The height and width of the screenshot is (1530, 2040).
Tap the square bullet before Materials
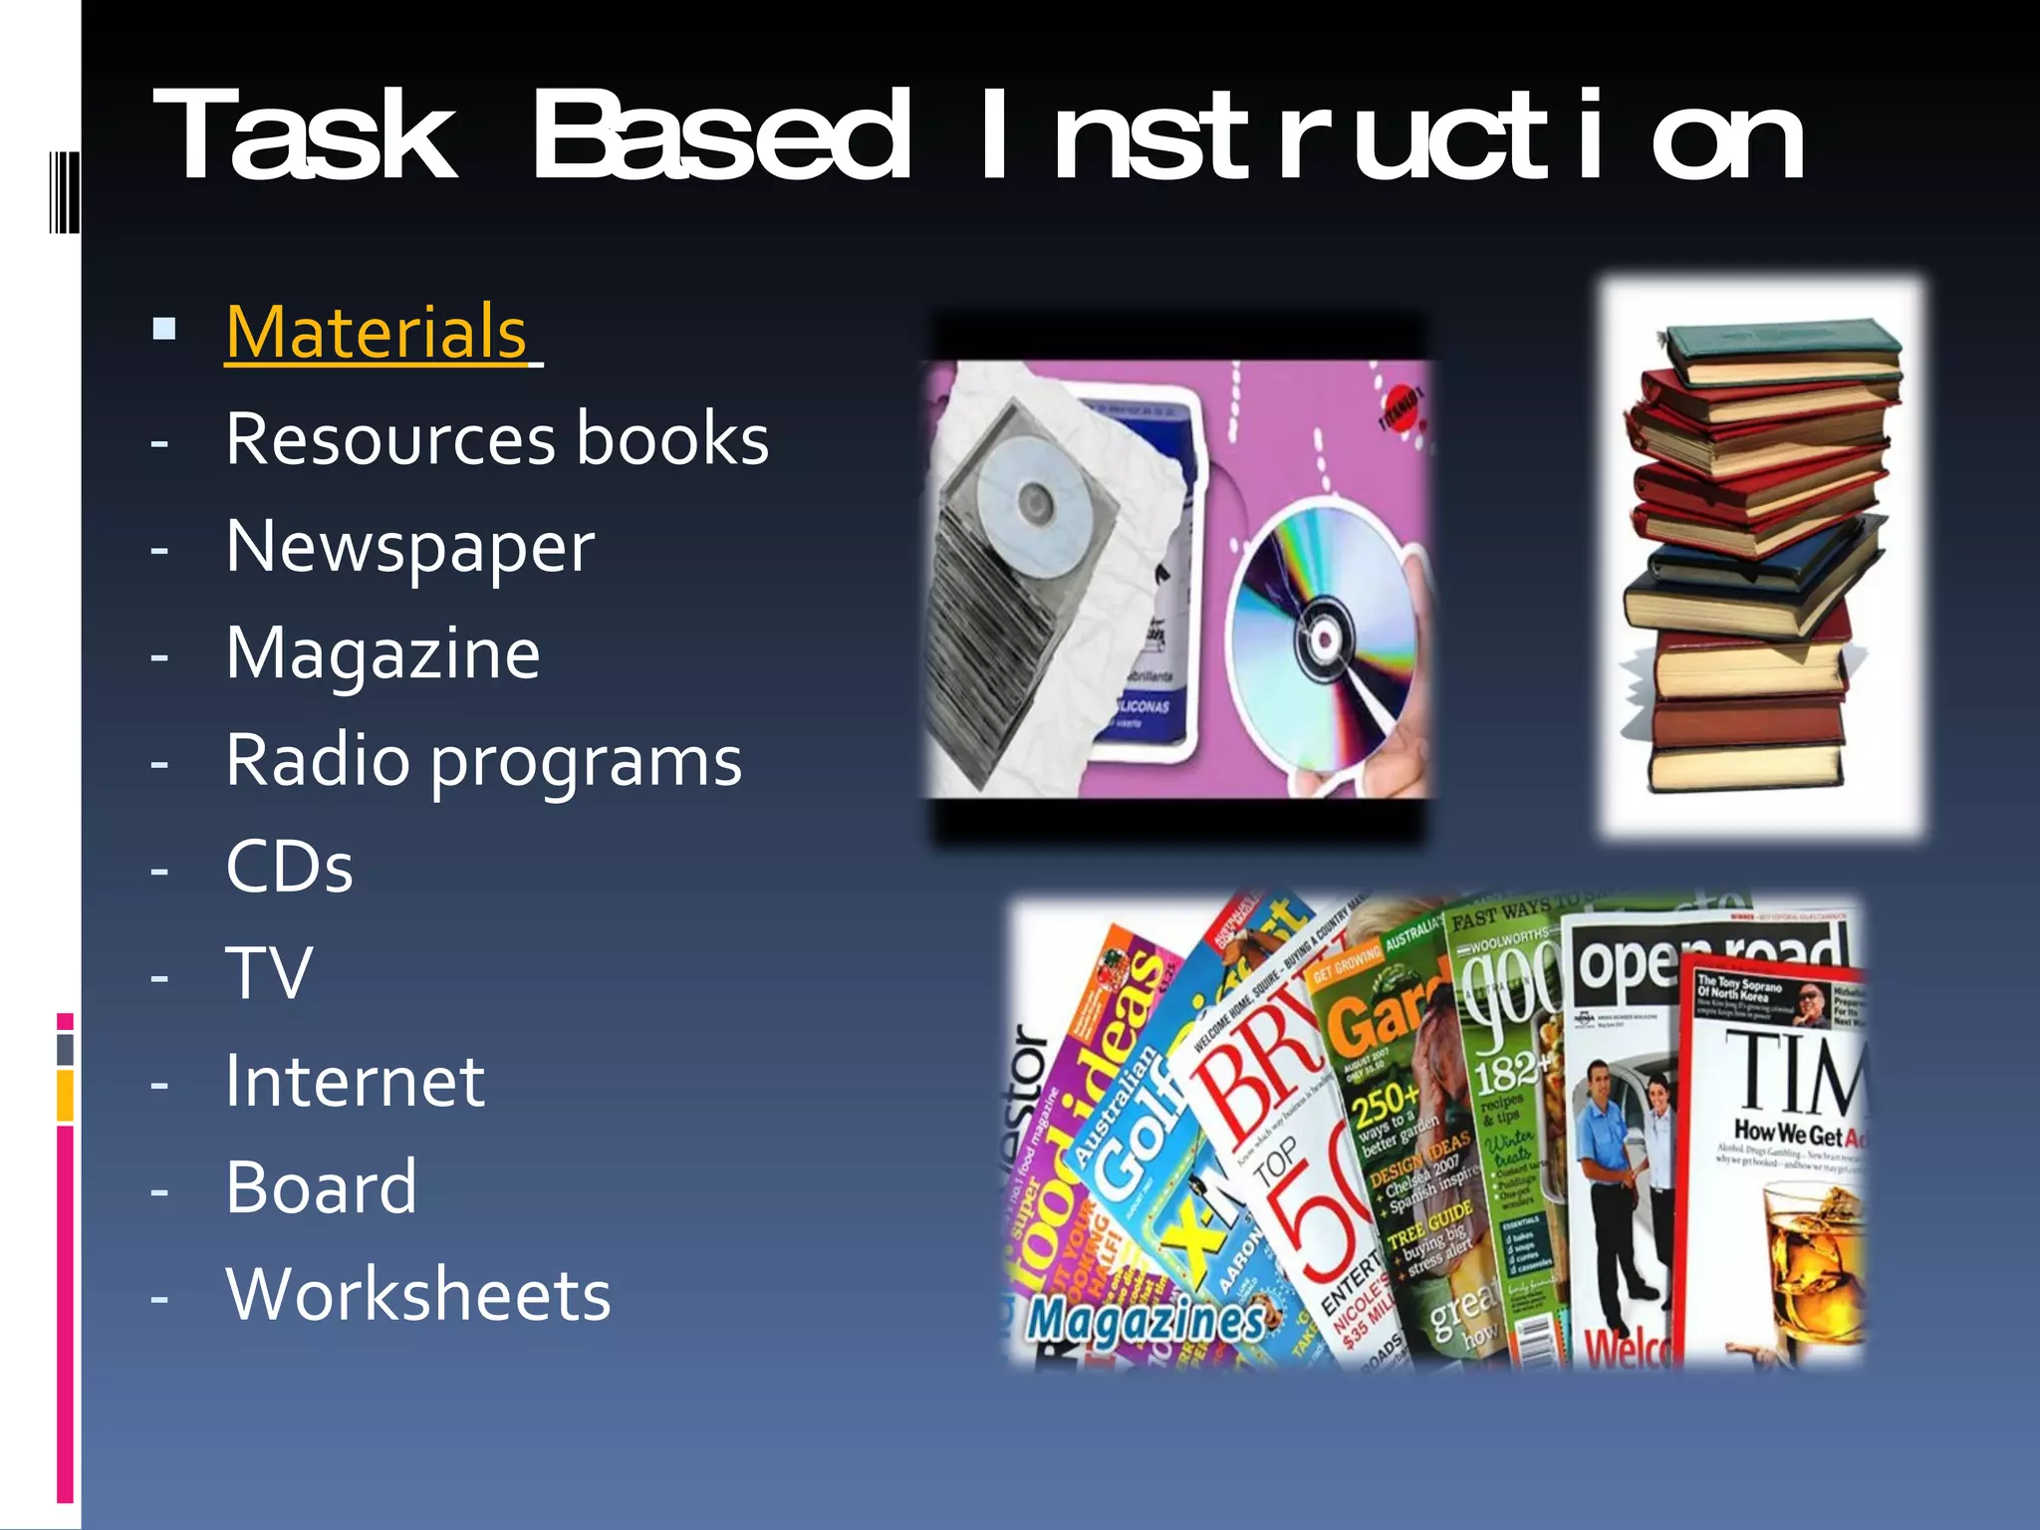tap(165, 329)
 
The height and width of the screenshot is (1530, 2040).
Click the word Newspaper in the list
tap(409, 548)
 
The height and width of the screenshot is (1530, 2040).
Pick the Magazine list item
tap(382, 654)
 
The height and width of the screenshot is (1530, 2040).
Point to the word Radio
tap(318, 761)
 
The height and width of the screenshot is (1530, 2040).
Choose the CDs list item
tap(289, 868)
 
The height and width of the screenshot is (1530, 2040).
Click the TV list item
tap(269, 974)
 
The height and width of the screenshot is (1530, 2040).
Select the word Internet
tap(355, 1082)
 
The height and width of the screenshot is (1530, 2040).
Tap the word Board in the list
tap(321, 1188)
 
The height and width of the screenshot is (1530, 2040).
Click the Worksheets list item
tap(418, 1296)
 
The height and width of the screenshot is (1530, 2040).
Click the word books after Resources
tap(672, 440)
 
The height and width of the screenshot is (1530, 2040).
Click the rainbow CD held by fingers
tap(1320, 637)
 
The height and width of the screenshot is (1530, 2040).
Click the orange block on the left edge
tap(65, 1096)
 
